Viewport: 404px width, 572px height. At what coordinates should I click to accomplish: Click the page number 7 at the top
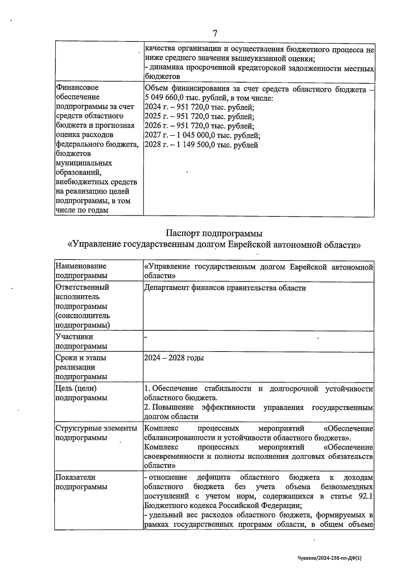point(215,33)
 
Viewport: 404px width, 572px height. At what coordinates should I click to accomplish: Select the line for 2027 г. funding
point(202,136)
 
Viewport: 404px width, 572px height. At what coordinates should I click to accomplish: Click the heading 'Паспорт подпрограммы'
point(214,233)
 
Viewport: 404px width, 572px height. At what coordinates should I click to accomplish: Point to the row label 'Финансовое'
point(77,88)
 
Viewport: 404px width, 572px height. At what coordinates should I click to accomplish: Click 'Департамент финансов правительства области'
point(225,288)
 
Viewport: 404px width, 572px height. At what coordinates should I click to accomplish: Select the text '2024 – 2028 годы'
point(174,358)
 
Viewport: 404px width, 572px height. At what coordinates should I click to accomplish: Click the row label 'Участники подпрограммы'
point(81,341)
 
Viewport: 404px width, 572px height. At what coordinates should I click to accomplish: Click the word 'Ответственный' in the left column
point(82,287)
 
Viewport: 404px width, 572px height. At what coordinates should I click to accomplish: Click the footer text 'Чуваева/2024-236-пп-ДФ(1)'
point(330,558)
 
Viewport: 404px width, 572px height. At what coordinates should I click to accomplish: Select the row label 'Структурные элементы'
point(96,428)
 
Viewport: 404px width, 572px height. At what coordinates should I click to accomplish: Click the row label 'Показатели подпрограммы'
point(81,482)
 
